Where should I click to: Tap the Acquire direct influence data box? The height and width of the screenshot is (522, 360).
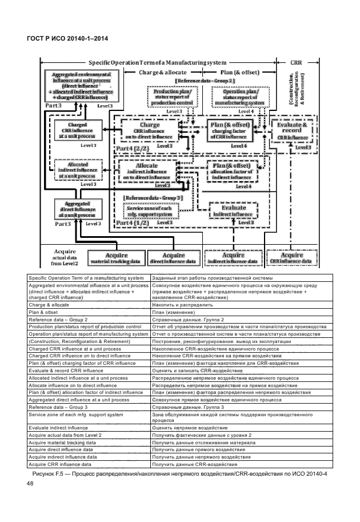coord(173,258)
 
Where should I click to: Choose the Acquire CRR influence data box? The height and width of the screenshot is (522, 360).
coord(291,258)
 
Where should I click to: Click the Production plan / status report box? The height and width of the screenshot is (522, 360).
coord(173,97)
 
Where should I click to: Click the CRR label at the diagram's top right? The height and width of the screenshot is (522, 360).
coord(296,62)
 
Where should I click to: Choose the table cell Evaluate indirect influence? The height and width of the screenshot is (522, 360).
coord(88,427)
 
